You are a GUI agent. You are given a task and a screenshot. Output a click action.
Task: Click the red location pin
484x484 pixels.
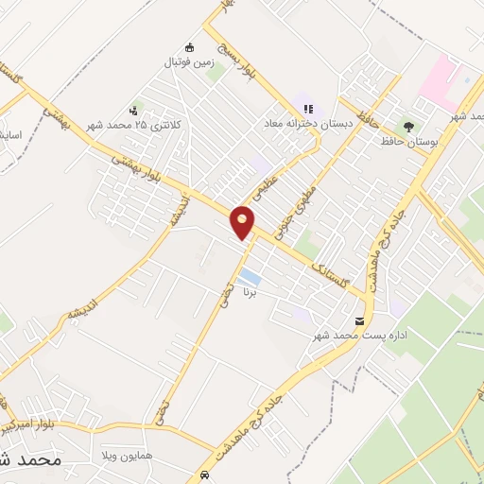[x=243, y=222]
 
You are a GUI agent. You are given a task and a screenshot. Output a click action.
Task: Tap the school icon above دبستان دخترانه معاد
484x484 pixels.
[x=308, y=109]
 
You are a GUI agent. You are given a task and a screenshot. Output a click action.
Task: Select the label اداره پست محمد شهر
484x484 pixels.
[x=354, y=336]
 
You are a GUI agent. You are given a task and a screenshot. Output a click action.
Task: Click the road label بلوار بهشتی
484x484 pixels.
[x=137, y=168]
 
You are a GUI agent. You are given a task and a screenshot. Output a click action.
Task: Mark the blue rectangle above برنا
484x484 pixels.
[x=250, y=277]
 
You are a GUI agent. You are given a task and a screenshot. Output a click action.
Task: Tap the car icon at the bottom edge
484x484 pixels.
[x=205, y=475]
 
